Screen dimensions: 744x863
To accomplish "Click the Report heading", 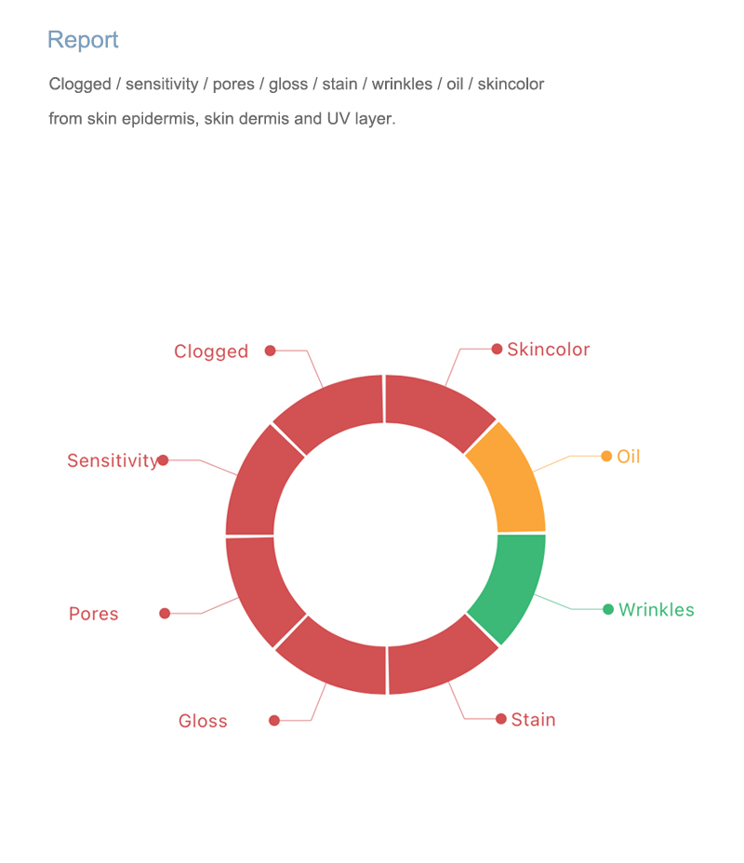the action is point(83,40).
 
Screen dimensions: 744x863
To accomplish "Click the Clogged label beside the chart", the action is point(211,352).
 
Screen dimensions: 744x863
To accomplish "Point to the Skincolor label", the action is point(548,350).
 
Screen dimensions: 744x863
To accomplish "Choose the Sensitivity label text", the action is point(113,460).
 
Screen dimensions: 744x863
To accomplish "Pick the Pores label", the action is point(94,614).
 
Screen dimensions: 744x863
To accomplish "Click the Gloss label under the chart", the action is point(203,721).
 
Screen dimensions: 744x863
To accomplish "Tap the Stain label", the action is point(533,720).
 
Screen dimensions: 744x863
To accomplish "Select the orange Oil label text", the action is point(629,457).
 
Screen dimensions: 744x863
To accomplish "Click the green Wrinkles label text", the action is point(657,609).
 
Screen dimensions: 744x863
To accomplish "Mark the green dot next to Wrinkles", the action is point(608,609).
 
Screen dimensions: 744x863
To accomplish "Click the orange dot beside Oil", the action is point(606,457).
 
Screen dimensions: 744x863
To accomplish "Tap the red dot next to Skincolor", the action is point(497,349).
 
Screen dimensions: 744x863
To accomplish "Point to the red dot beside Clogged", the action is point(271,351).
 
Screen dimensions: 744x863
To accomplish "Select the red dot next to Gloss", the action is point(274,721).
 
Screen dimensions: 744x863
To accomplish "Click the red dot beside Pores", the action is point(165,613).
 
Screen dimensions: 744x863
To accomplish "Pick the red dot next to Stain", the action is point(500,719).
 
